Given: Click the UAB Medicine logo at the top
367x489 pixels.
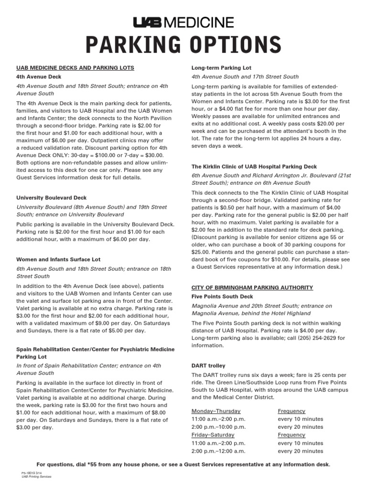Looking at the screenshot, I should click(x=183, y=22).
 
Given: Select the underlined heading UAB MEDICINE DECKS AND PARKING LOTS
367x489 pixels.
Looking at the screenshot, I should click(x=76, y=68).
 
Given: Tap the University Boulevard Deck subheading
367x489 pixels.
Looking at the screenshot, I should click(x=52, y=197).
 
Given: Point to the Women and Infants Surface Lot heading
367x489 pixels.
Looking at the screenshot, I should click(x=58, y=259).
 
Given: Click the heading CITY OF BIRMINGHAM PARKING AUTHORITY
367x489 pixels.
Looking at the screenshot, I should click(x=252, y=287).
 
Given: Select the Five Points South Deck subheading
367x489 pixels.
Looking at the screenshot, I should click(x=223, y=297).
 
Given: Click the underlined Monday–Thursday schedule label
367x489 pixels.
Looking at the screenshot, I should click(x=216, y=411).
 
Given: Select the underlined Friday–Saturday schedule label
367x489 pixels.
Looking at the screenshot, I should click(x=213, y=435).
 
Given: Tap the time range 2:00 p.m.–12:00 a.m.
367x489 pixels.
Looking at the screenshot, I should click(x=218, y=451).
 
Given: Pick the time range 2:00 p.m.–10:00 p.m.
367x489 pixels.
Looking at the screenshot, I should click(x=218, y=427).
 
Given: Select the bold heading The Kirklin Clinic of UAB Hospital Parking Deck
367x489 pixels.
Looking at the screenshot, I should click(x=254, y=167).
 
